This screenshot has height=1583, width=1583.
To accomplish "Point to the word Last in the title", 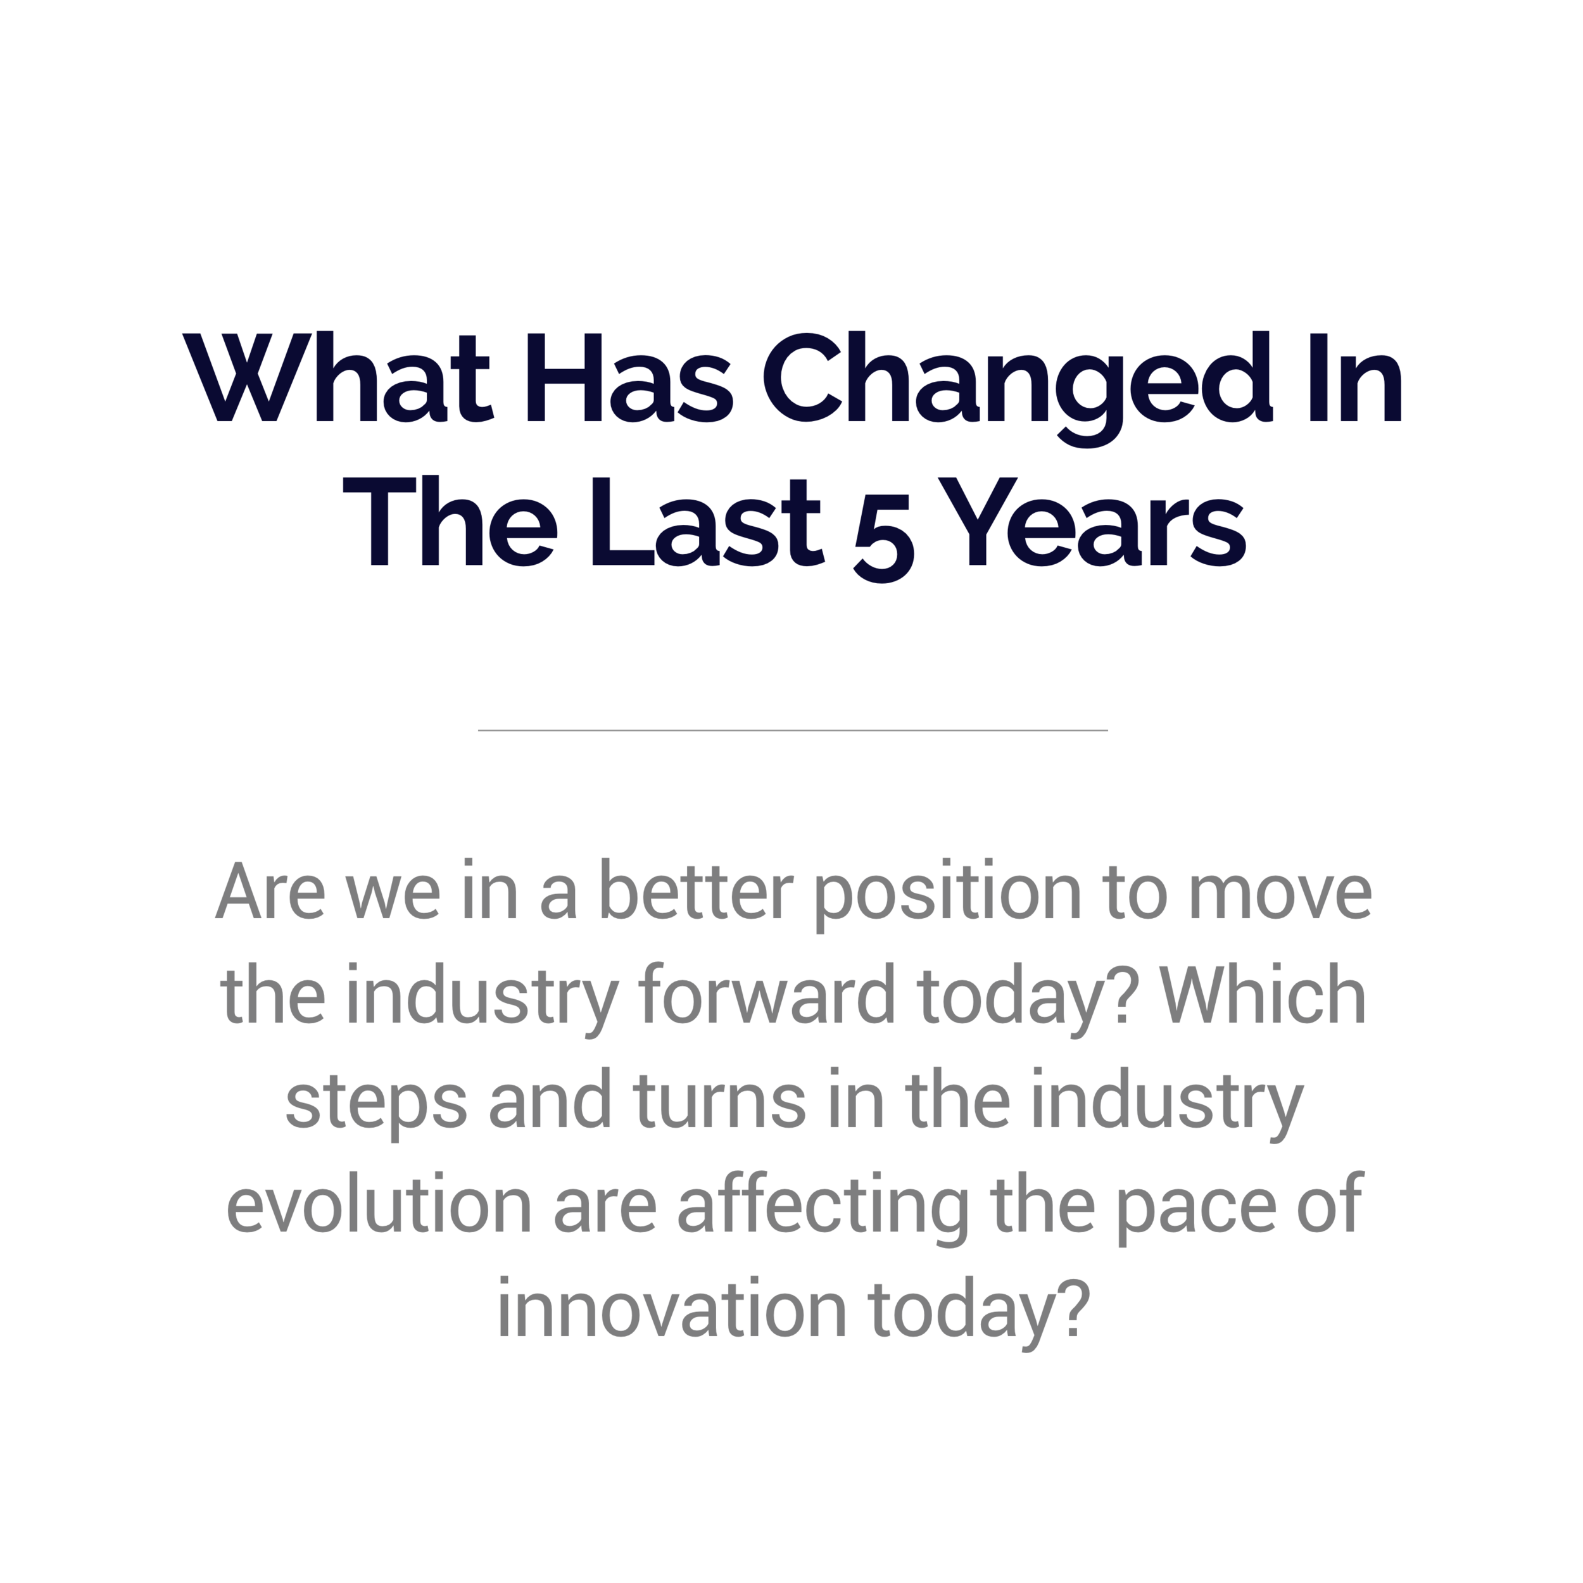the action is [707, 522].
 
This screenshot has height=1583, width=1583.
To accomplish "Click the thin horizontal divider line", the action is [792, 730].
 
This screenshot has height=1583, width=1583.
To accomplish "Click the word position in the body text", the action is [948, 895].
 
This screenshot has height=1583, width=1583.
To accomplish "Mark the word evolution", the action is [379, 1204].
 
